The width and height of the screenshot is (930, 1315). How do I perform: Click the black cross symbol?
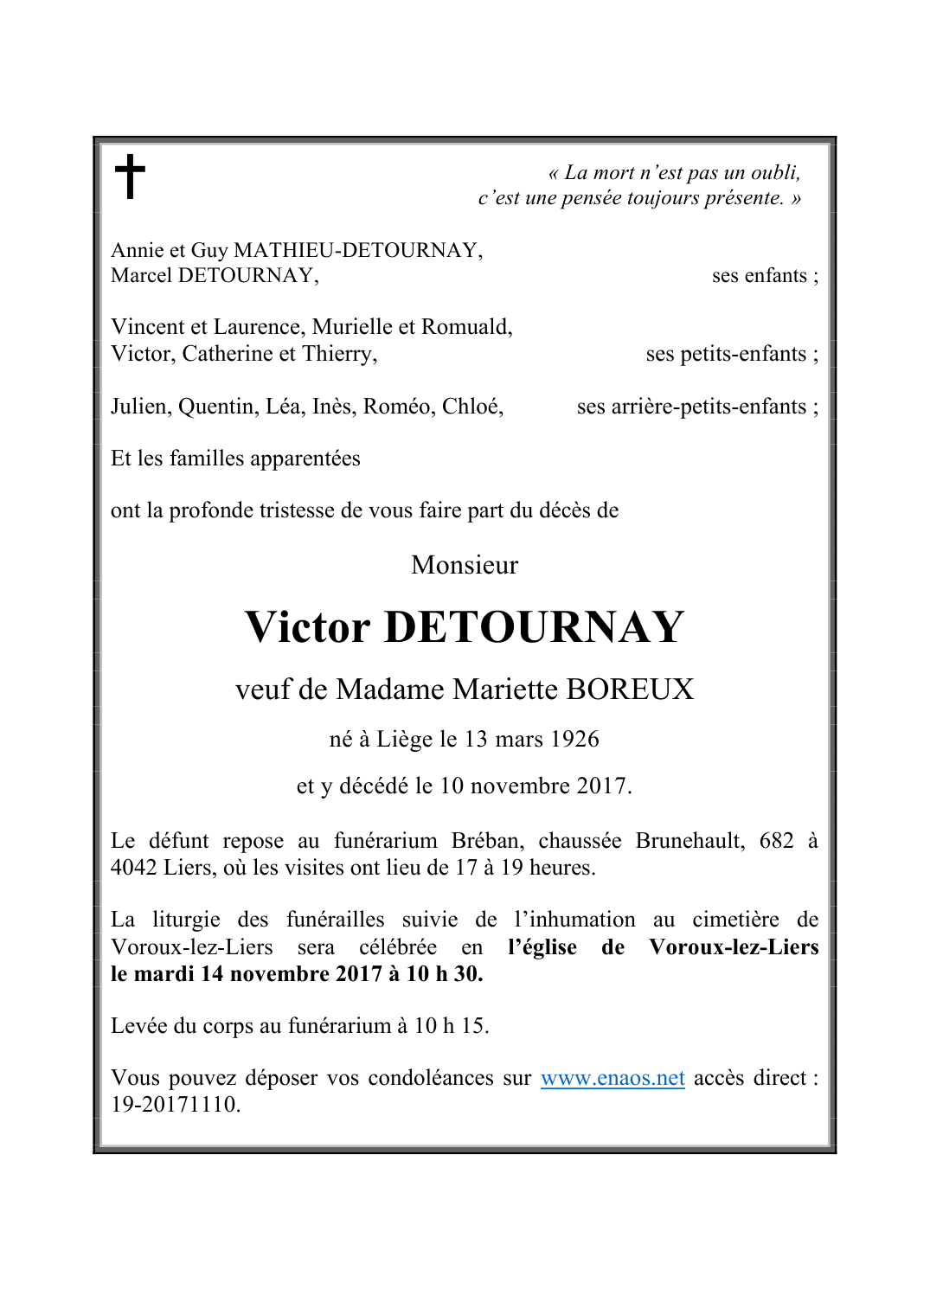tap(130, 176)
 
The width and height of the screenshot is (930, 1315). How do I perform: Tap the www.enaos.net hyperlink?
tap(613, 1078)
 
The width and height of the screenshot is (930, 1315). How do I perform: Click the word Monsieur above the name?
tap(465, 565)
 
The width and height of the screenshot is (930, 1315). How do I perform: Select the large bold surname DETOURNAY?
tap(534, 627)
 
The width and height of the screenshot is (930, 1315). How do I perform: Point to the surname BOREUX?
tap(630, 690)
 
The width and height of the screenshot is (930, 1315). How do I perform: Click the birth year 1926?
tap(575, 740)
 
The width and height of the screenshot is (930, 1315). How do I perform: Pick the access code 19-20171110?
tap(175, 1105)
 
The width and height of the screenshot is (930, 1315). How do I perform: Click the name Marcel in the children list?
tap(141, 276)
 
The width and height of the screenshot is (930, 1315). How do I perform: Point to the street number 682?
tap(776, 841)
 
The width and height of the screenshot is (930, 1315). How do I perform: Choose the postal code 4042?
tap(133, 868)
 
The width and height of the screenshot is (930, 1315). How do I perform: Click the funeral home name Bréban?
tap(487, 841)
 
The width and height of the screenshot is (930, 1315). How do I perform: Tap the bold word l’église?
tap(542, 947)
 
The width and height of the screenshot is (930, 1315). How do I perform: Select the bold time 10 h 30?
tap(444, 974)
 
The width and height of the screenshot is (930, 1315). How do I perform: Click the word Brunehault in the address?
tap(689, 841)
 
